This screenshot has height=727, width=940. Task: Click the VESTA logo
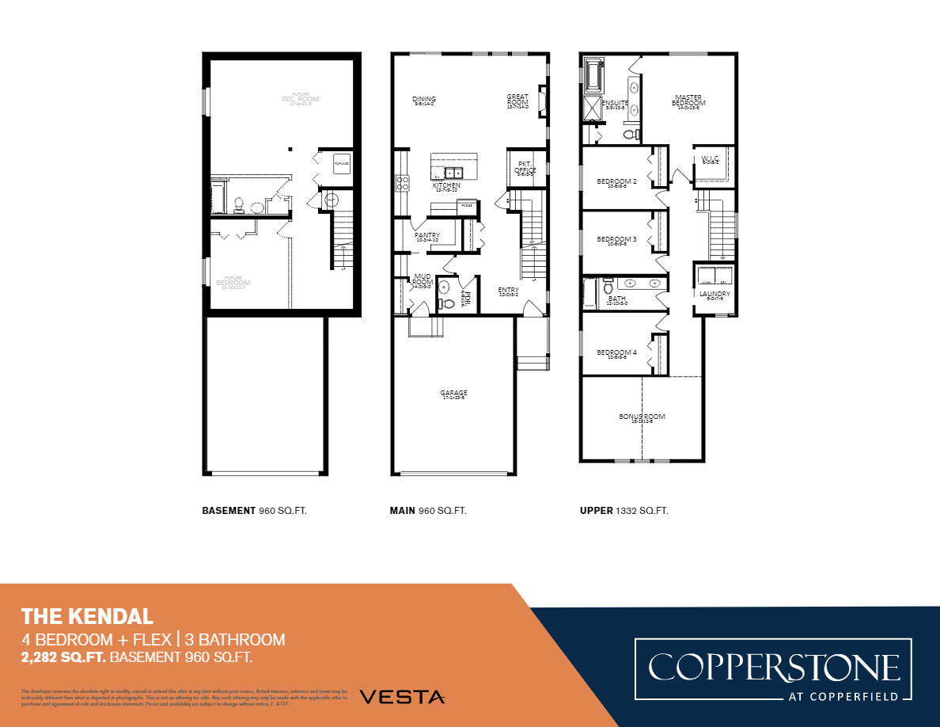(x=402, y=697)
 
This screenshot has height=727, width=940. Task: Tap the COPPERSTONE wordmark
(x=774, y=667)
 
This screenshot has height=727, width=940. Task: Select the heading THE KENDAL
(x=87, y=615)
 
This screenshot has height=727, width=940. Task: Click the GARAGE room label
(x=453, y=394)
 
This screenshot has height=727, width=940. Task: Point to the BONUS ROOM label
(x=642, y=417)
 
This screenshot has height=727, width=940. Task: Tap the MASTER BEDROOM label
(x=688, y=101)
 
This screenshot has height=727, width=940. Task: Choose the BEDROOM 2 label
(x=616, y=181)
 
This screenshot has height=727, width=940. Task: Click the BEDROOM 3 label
(x=616, y=239)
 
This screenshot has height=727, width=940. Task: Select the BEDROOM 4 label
(x=616, y=352)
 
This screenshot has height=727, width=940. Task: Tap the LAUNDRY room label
(x=714, y=294)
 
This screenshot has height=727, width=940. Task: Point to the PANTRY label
(x=426, y=236)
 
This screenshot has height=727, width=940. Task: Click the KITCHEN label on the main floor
(x=446, y=185)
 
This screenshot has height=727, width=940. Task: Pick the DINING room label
(x=424, y=100)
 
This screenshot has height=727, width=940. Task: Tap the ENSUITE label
(x=615, y=103)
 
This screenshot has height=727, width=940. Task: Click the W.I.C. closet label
(x=710, y=159)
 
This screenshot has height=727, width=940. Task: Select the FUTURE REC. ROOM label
(x=300, y=98)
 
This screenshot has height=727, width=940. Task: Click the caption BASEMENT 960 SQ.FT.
(x=254, y=511)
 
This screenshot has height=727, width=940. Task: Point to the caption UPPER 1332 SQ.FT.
(x=624, y=511)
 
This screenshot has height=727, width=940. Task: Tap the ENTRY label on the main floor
(x=508, y=291)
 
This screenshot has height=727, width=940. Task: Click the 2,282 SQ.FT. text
(x=63, y=657)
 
